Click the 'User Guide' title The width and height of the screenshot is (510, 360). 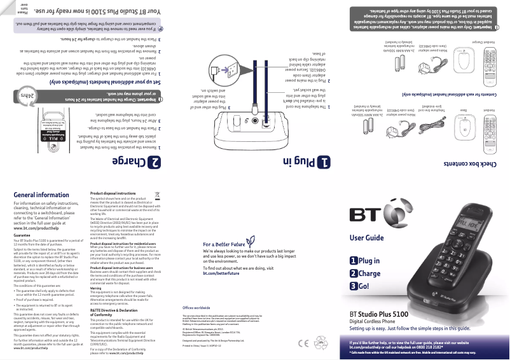click(x=366, y=239)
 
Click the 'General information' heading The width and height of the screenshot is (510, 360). click(x=41, y=195)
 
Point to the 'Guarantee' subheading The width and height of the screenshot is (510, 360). click(x=22, y=235)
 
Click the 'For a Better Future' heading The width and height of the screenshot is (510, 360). click(x=224, y=244)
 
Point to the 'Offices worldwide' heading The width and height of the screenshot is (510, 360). click(x=191, y=307)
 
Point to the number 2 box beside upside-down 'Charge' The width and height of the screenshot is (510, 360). click(x=154, y=162)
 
